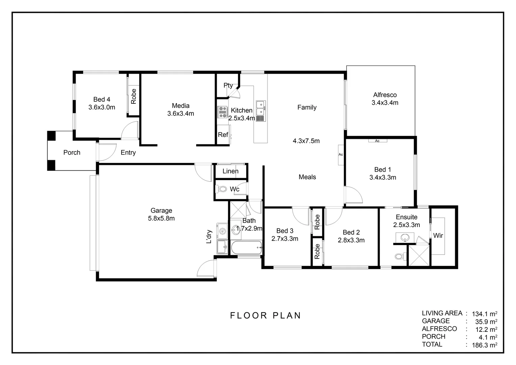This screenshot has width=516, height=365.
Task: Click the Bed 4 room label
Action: pyautogui.click(x=102, y=99)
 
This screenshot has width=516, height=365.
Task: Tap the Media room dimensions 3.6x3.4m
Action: pyautogui.click(x=181, y=114)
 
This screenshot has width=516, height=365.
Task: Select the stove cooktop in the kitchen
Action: pyautogui.click(x=222, y=112)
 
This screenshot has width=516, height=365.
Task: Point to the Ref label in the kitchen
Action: pyautogui.click(x=223, y=135)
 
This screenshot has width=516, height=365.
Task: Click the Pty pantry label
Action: pyautogui.click(x=228, y=86)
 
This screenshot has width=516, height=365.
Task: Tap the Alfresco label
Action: pyautogui.click(x=385, y=95)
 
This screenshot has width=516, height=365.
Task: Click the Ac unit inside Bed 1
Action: pyautogui.click(x=377, y=141)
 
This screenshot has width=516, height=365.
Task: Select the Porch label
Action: pyautogui.click(x=72, y=152)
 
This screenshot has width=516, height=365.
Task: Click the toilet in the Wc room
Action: pyautogui.click(x=222, y=189)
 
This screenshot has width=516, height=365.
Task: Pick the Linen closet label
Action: pyautogui.click(x=230, y=171)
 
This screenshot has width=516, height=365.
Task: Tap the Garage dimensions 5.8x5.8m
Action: pyautogui.click(x=161, y=218)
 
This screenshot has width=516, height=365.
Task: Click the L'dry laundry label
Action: pyautogui.click(x=209, y=237)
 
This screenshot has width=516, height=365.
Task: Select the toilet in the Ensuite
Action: pyautogui.click(x=399, y=257)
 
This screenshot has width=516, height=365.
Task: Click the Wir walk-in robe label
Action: pyautogui.click(x=438, y=236)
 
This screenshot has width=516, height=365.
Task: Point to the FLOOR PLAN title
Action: pyautogui.click(x=265, y=315)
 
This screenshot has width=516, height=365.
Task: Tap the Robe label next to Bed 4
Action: pyautogui.click(x=133, y=96)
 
